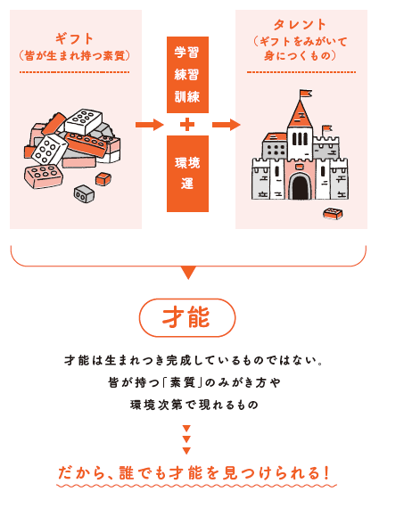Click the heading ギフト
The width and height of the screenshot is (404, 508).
point(74,38)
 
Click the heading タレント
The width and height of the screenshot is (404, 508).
point(300,25)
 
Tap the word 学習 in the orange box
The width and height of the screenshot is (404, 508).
point(187,53)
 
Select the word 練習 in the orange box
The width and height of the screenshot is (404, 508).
point(187,75)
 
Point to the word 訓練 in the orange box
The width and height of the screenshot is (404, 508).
point(187,96)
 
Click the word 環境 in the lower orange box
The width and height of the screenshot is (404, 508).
point(187,162)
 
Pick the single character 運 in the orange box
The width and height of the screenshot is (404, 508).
point(187,184)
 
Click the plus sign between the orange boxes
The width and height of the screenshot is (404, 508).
point(187,125)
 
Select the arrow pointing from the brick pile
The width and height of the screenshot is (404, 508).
point(150,125)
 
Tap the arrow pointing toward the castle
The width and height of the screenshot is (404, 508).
point(226,125)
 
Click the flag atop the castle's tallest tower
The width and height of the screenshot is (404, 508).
point(305,94)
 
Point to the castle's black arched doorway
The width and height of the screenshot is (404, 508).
point(300,186)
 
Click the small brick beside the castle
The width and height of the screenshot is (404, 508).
point(333,214)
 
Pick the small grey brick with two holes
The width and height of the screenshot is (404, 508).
point(85,194)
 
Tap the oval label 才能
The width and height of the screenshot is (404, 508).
point(187,317)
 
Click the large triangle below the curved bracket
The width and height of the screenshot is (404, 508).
point(188,273)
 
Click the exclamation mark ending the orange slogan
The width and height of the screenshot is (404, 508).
point(326,473)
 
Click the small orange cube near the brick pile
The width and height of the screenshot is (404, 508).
point(103,179)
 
